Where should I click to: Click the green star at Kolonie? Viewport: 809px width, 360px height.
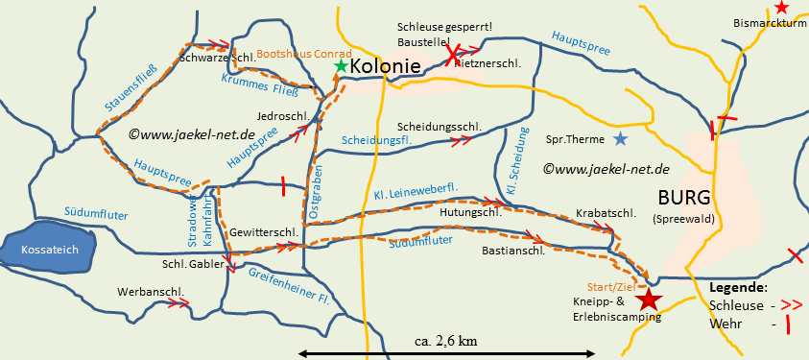pyautogui.click(x=341, y=66)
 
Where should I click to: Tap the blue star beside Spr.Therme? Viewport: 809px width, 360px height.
pyautogui.click(x=621, y=139)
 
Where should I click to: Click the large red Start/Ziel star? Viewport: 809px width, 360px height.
pyautogui.click(x=650, y=300)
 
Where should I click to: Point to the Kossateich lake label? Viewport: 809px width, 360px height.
pyautogui.click(x=49, y=249)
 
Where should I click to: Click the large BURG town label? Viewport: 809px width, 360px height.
pyautogui.click(x=684, y=198)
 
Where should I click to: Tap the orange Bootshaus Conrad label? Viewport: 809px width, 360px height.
pyautogui.click(x=304, y=55)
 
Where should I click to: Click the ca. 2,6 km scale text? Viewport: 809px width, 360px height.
pyautogui.click(x=446, y=341)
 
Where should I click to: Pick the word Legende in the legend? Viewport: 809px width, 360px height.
pyautogui.click(x=738, y=287)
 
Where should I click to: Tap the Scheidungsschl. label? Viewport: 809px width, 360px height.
pyautogui.click(x=439, y=127)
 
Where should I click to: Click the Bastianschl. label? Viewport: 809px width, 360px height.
pyautogui.click(x=513, y=251)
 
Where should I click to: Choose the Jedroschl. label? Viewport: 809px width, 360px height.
pyautogui.click(x=282, y=115)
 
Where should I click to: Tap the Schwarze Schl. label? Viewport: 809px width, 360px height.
pyautogui.click(x=217, y=58)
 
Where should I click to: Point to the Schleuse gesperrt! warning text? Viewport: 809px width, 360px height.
pyautogui.click(x=443, y=26)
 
